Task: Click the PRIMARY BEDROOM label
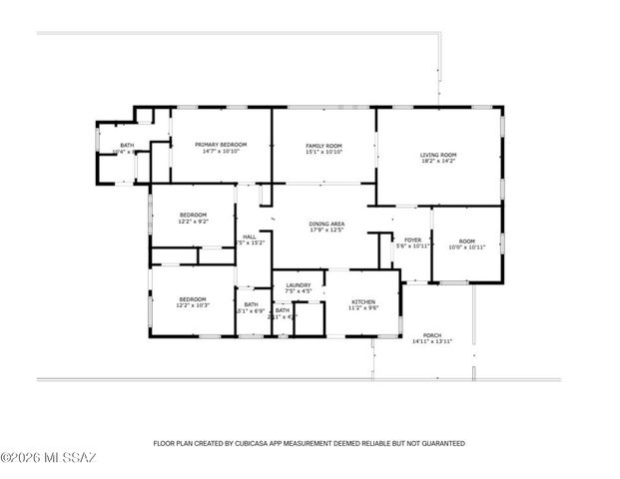click(x=221, y=145)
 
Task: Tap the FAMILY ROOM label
click(x=323, y=146)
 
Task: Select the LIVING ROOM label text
click(x=437, y=155)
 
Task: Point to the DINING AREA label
click(x=326, y=225)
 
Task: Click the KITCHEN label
click(x=362, y=301)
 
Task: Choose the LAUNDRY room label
click(x=299, y=285)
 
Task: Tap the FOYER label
click(x=411, y=239)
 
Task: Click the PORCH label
click(x=432, y=335)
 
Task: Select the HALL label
click(x=250, y=237)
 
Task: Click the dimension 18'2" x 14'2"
click(x=437, y=162)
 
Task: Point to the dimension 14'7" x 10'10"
click(x=221, y=152)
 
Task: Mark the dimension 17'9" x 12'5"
click(x=326, y=232)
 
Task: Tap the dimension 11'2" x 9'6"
click(x=362, y=308)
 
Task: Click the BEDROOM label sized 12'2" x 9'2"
click(x=193, y=215)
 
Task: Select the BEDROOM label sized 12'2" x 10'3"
click(x=193, y=299)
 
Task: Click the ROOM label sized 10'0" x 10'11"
click(x=467, y=240)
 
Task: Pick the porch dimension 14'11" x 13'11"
click(x=432, y=342)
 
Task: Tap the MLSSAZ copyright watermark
click(x=48, y=458)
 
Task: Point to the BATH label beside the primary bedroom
click(x=127, y=146)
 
